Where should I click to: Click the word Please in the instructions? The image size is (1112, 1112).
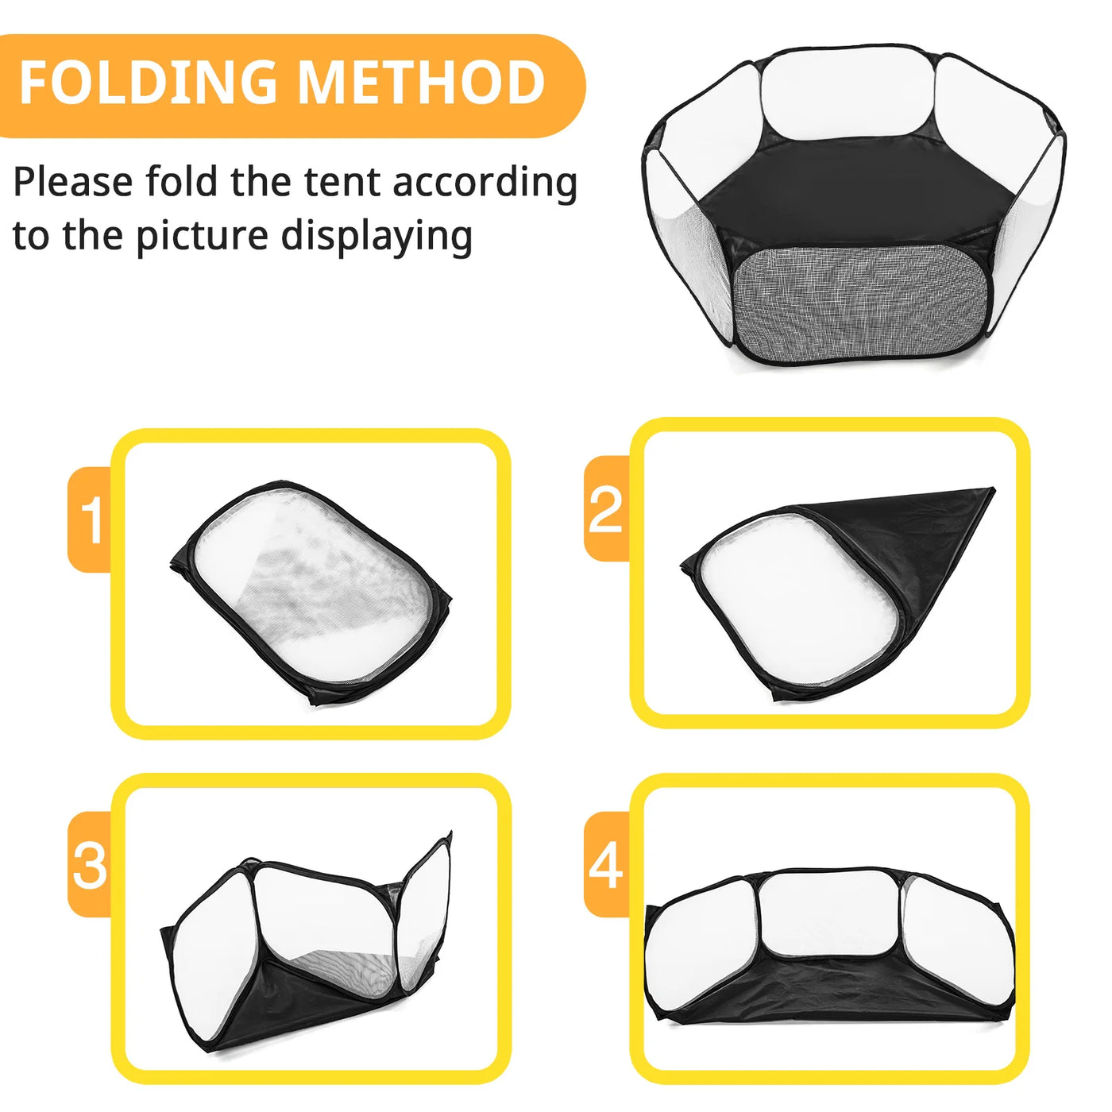[73, 183]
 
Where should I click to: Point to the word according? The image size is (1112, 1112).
[485, 183]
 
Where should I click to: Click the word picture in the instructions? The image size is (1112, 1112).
[202, 237]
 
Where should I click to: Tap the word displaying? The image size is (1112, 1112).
[376, 237]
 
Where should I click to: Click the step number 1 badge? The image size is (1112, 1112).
[90, 519]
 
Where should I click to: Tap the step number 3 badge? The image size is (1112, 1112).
[90, 864]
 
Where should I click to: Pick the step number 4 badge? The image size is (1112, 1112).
[607, 864]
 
